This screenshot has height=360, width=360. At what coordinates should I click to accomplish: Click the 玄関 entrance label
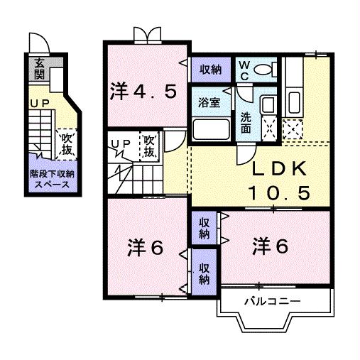pyautogui.click(x=37, y=69)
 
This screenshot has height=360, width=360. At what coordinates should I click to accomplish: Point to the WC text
pyautogui.click(x=244, y=70)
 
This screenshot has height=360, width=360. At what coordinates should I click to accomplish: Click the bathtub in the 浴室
pyautogui.click(x=210, y=130)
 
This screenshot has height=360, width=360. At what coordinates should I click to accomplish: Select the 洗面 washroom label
pyautogui.click(x=245, y=123)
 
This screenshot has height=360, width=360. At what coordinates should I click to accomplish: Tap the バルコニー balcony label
pyautogui.click(x=272, y=301)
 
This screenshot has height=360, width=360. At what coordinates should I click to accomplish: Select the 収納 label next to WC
pyautogui.click(x=209, y=69)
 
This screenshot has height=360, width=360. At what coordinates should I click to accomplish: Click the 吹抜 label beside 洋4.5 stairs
pyautogui.click(x=150, y=147)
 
